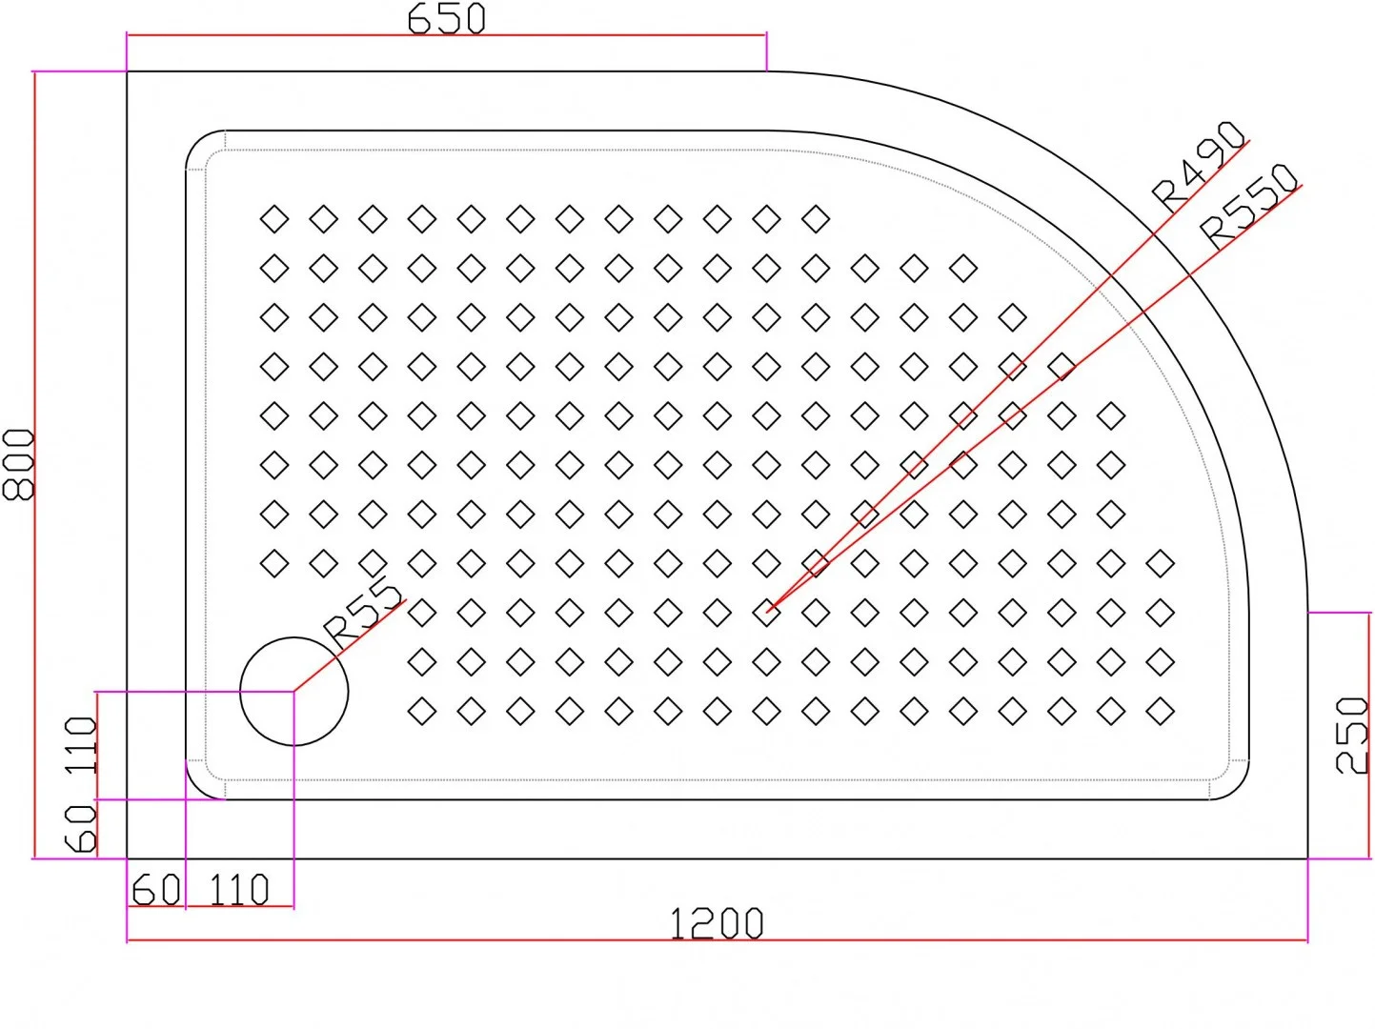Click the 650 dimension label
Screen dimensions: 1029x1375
pyautogui.click(x=446, y=18)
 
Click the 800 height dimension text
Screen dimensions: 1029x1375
pyautogui.click(x=19, y=464)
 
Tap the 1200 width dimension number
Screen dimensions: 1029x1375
pyautogui.click(x=717, y=923)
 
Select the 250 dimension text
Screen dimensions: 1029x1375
pyautogui.click(x=1352, y=735)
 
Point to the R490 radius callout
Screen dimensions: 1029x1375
pyautogui.click(x=1199, y=167)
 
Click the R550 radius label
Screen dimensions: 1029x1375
pyautogui.click(x=1249, y=206)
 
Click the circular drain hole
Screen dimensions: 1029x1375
pyautogui.click(x=294, y=692)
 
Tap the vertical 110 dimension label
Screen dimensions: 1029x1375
pyautogui.click(x=82, y=745)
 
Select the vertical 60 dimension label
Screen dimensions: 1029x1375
pyautogui.click(x=82, y=828)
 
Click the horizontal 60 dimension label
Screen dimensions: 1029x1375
pyautogui.click(x=156, y=890)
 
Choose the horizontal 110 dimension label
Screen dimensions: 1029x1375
pyautogui.click(x=239, y=890)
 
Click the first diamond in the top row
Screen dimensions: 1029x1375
pyautogui.click(x=274, y=219)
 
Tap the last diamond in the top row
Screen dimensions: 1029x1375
pyautogui.click(x=816, y=219)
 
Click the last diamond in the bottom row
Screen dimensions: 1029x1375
pyautogui.click(x=1160, y=711)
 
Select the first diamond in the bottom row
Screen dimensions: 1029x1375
pyautogui.click(x=422, y=711)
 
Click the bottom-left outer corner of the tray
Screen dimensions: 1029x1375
pyautogui.click(x=128, y=857)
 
